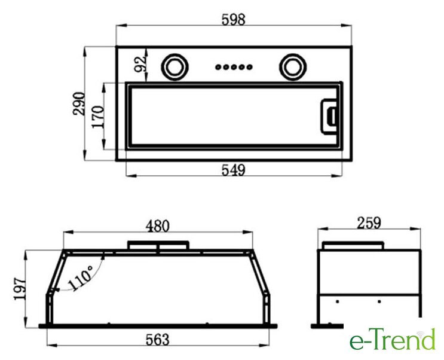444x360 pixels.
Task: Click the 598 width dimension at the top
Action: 233,20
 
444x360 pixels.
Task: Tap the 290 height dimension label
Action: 79,103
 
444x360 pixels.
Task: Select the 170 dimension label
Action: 98,117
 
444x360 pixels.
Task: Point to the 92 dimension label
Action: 140,64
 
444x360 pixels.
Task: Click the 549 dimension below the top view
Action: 233,170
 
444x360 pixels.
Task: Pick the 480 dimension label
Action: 157,226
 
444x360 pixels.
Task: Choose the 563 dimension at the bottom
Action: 157,339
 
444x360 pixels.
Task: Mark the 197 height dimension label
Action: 20,289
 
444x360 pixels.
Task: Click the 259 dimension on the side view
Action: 369,223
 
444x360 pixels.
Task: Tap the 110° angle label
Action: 81,278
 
